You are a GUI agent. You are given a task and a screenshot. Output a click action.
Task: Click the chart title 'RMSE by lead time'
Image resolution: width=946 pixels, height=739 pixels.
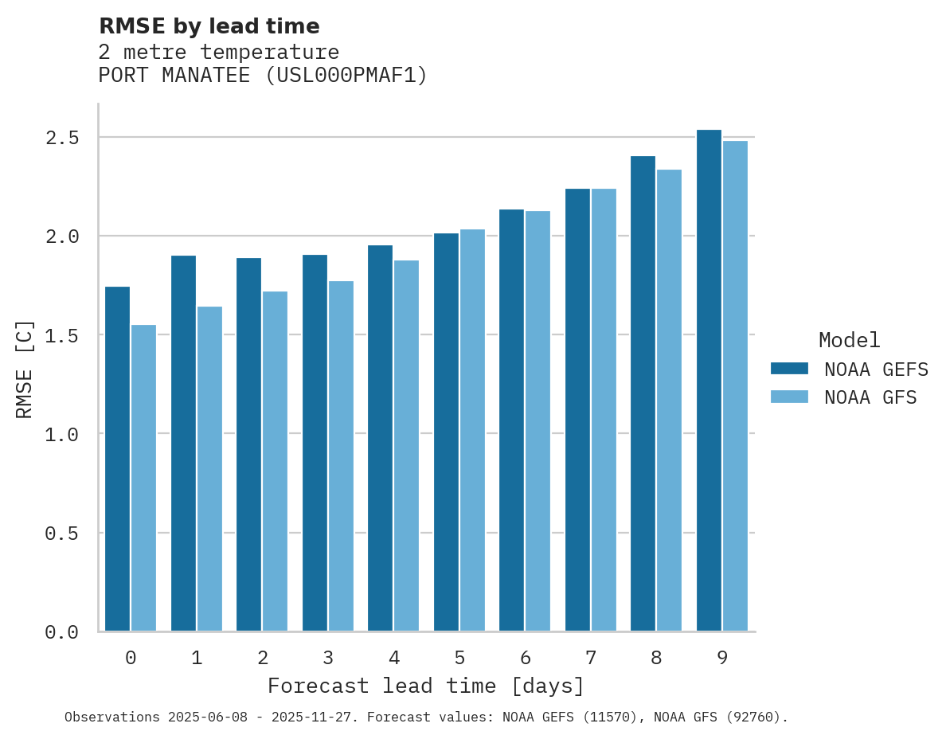point(209,26)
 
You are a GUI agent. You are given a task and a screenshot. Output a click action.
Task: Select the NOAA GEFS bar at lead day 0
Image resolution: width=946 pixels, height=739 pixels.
point(117,459)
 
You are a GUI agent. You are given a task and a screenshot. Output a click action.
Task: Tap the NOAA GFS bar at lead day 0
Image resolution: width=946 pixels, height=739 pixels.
point(143,478)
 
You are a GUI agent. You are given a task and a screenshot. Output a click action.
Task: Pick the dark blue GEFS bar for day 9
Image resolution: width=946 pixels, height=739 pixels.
point(709,380)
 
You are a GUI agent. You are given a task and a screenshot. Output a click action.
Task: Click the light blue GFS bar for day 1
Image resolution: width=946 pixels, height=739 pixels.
point(209,468)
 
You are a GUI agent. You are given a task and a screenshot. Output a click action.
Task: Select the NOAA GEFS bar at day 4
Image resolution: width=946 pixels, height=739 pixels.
point(380,438)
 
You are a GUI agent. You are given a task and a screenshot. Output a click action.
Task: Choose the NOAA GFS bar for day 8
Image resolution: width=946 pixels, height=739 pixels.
point(669,400)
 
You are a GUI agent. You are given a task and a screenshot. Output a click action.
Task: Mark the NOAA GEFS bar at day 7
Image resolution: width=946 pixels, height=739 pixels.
point(577,409)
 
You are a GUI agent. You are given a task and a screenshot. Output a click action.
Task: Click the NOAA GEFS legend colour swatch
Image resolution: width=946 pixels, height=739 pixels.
point(789,369)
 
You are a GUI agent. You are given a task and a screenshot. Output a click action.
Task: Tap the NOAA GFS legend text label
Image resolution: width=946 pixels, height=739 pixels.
point(870,397)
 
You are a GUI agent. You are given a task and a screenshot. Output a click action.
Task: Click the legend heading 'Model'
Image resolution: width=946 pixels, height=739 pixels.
point(849,340)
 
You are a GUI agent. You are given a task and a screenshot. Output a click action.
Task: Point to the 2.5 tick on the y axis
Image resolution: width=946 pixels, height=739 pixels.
point(62,138)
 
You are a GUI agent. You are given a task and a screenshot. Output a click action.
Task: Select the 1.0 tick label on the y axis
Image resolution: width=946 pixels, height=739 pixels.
point(62,434)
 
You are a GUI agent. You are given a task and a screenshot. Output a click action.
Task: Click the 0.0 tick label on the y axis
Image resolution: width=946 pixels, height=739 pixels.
point(62,631)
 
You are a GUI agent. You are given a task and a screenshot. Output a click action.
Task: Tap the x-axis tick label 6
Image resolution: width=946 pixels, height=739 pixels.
point(525,658)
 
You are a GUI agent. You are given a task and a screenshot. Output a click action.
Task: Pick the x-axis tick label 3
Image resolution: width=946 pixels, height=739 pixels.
point(328,658)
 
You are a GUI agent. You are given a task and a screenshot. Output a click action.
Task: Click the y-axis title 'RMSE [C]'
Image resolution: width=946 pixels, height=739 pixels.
point(25,369)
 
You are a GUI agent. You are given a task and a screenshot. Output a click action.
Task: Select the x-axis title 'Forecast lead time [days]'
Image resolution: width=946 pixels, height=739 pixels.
point(426,686)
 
